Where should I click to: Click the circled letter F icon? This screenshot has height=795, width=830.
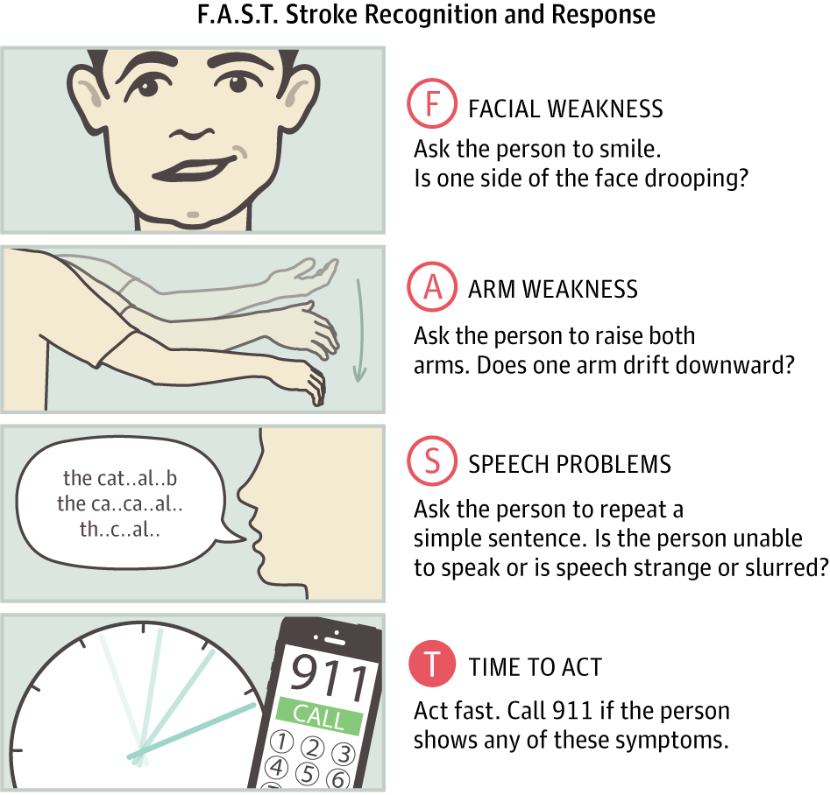click(432, 107)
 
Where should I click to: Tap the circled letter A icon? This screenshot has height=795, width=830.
click(432, 288)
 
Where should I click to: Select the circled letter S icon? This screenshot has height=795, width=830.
click(432, 462)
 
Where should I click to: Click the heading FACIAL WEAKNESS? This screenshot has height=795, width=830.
click(565, 109)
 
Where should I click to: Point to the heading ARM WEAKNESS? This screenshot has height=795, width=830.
click(553, 290)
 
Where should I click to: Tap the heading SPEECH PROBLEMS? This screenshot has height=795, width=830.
click(570, 464)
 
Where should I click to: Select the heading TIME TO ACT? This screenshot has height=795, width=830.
click(536, 667)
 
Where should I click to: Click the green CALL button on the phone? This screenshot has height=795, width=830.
click(319, 716)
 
